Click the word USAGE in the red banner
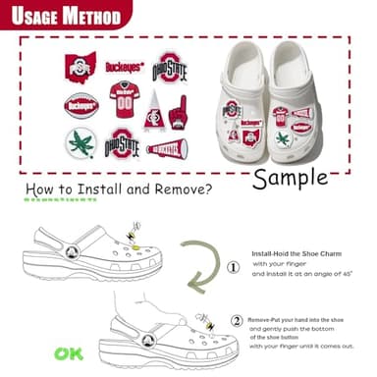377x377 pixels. click(x=34, y=17)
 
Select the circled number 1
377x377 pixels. click(x=234, y=266)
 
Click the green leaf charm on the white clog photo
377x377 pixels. click(x=284, y=138)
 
